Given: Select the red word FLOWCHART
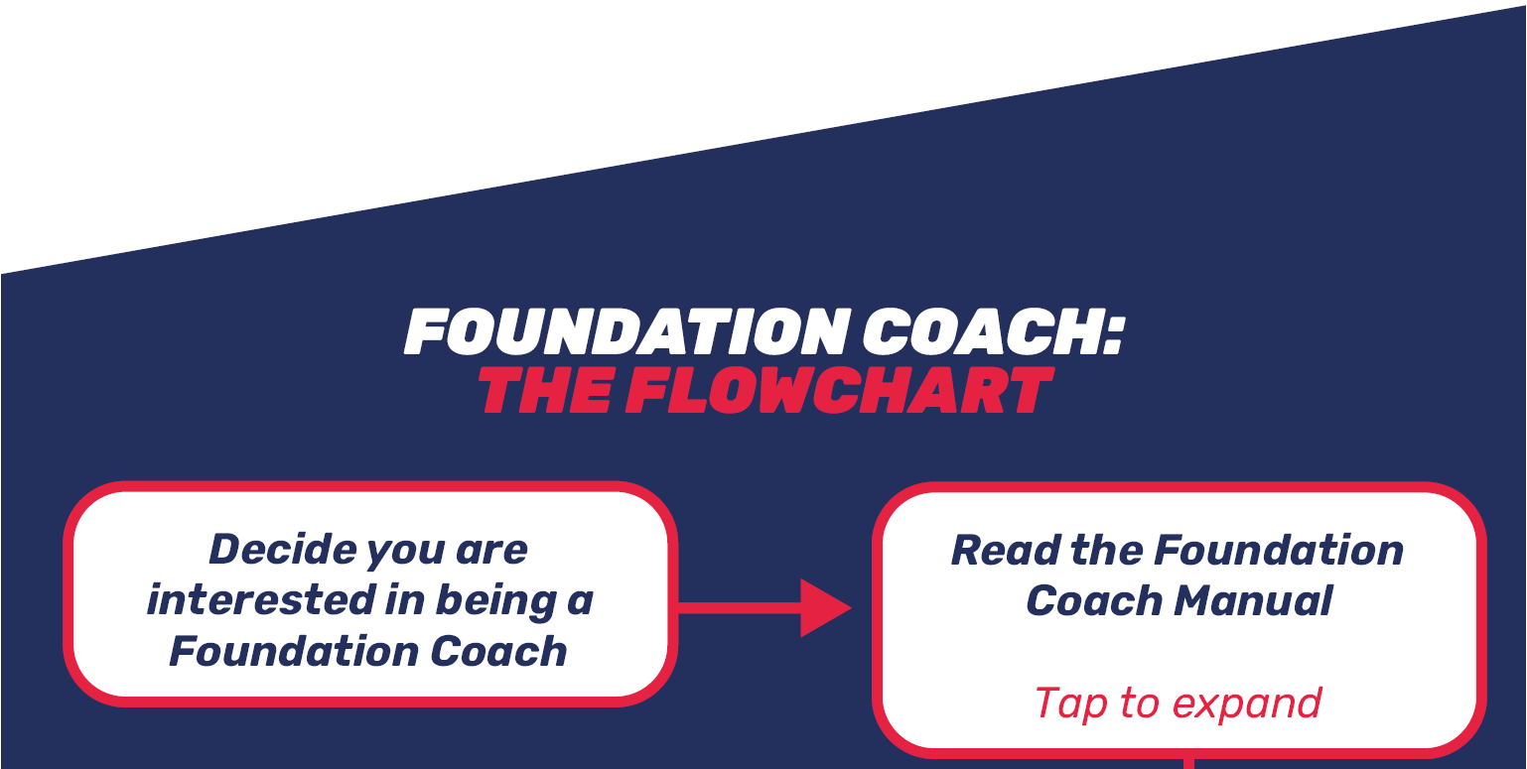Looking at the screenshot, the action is point(840,390).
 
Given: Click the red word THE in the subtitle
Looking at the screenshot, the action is point(545,390).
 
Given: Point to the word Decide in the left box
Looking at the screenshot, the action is point(282,549).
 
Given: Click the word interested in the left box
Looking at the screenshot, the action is point(261,600).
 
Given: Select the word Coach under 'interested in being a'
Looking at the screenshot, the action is point(498,651).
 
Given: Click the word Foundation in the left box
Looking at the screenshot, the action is point(293,651).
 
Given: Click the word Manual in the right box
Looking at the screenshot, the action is point(1253,600).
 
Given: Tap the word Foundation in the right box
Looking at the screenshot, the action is point(1278,551).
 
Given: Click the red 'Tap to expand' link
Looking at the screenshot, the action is point(1179,703).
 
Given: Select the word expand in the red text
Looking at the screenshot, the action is point(1247,704).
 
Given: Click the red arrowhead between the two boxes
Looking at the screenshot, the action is point(825,607).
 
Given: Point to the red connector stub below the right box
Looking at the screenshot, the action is point(1188,763).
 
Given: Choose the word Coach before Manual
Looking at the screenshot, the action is point(1094,600).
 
